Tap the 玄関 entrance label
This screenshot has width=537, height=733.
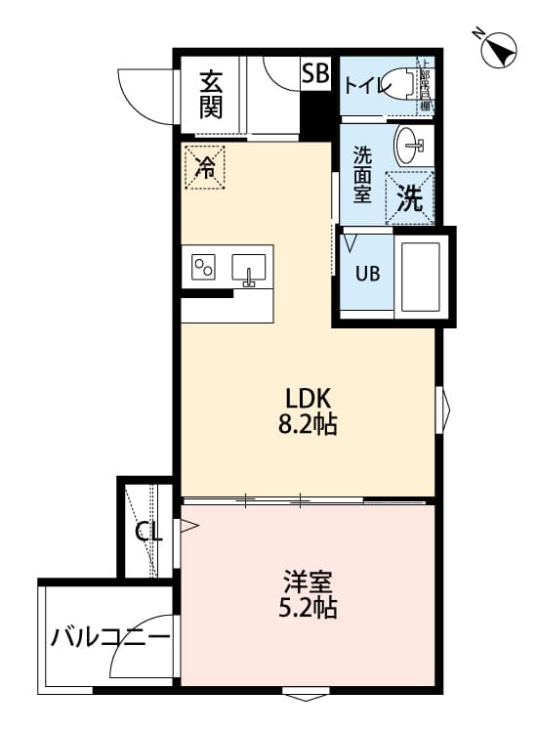211,95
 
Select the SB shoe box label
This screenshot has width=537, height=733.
315,72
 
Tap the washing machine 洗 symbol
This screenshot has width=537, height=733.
410,198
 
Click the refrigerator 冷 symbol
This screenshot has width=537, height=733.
205,167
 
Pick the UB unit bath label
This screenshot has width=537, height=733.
367,274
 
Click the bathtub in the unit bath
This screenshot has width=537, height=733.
421,274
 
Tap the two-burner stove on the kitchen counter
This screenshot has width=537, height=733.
204,266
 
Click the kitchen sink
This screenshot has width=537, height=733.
250,266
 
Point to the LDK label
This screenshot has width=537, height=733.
310,398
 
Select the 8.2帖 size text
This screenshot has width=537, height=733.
310,425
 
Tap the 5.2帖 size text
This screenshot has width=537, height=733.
310,609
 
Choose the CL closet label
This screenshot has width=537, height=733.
148,533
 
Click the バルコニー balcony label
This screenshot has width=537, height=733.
109,638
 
